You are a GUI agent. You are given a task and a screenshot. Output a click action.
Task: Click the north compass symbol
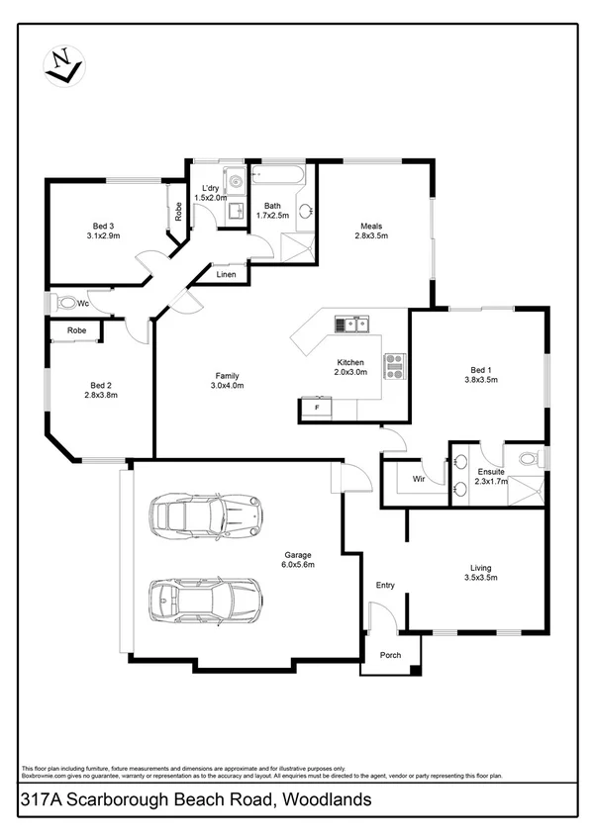[x=61, y=68]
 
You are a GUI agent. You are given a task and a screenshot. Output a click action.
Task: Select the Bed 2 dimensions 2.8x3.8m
[x=100, y=396]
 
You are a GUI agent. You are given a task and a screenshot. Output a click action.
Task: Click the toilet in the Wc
[x=67, y=303]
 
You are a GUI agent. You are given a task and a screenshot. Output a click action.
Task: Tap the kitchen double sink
[x=351, y=324]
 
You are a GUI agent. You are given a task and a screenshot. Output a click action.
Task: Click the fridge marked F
[x=317, y=407]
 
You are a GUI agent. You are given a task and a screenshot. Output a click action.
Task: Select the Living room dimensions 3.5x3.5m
[x=481, y=578]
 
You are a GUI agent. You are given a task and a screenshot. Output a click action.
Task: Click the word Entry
[x=385, y=586]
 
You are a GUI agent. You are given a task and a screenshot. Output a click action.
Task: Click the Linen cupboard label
[x=227, y=274]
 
